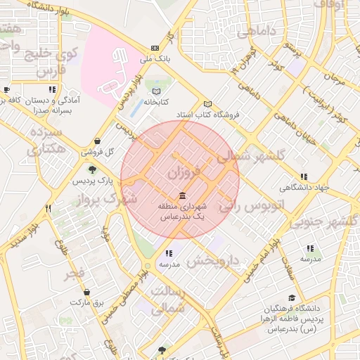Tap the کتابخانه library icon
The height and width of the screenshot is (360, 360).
point(156,91)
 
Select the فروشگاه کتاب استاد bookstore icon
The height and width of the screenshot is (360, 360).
point(207,104)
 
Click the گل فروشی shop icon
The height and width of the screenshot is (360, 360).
point(96,141)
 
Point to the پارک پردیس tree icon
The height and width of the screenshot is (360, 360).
point(91,169)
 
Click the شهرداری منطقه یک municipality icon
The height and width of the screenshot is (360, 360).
point(182,195)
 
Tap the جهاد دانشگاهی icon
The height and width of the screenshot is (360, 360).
point(303,177)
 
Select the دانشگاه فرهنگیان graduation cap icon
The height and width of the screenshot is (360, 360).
point(292,298)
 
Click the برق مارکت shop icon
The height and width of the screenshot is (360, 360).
point(86,292)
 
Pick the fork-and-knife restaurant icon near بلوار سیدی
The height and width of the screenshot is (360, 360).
point(49,208)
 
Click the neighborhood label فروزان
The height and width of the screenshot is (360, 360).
point(184,171)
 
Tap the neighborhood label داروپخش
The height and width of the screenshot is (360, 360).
point(214,261)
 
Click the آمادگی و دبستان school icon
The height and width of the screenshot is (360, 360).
point(52,90)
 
